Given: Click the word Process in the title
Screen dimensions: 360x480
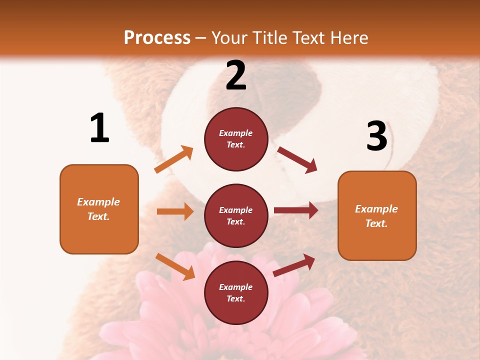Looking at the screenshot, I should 157,38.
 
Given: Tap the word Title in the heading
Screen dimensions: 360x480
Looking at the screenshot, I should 270,38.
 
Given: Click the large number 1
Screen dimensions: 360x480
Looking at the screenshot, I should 99,128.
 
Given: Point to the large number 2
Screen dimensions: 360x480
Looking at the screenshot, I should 236,75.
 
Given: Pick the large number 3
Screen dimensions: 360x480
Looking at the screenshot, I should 377,136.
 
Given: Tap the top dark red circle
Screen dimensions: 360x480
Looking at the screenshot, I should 236,139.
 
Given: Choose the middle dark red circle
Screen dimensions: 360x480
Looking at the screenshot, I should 236,215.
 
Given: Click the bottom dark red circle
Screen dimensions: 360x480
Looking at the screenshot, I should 236,292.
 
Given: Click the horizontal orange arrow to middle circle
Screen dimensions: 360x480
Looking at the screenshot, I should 175,211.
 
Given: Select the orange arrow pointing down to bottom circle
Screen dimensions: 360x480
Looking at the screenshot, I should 175,266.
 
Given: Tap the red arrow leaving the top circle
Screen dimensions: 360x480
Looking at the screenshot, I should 297,160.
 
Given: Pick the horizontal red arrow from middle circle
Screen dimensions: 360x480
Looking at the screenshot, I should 296,210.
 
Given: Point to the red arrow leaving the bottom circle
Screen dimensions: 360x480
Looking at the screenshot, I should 294,265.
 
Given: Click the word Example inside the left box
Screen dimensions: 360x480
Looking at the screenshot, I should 98,202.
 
